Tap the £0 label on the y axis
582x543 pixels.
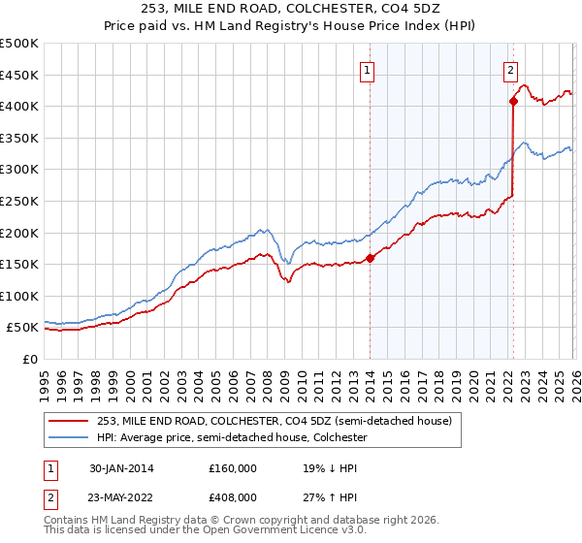(29, 359)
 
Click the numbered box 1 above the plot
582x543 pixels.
(369, 69)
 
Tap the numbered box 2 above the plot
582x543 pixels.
(510, 69)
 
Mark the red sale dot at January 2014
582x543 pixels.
(370, 258)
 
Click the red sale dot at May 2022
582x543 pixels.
(512, 101)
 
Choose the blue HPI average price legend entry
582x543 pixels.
(230, 438)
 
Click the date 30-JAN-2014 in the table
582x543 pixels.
(120, 467)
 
